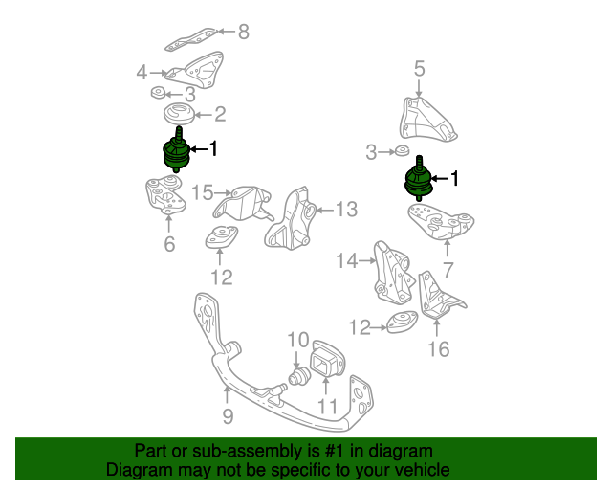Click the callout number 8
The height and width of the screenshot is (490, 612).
click(x=243, y=33)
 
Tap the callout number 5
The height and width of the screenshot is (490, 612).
click(x=419, y=68)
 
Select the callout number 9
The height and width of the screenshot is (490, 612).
click(x=228, y=416)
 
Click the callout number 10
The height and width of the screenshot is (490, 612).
click(x=297, y=340)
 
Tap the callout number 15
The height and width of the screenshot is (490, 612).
click(x=201, y=193)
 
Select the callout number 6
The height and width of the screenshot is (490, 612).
click(x=169, y=244)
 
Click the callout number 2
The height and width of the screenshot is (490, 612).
click(x=220, y=115)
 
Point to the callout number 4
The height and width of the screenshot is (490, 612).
click(x=142, y=72)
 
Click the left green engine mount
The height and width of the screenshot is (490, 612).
click(x=172, y=153)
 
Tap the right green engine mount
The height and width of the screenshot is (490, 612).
click(x=419, y=180)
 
